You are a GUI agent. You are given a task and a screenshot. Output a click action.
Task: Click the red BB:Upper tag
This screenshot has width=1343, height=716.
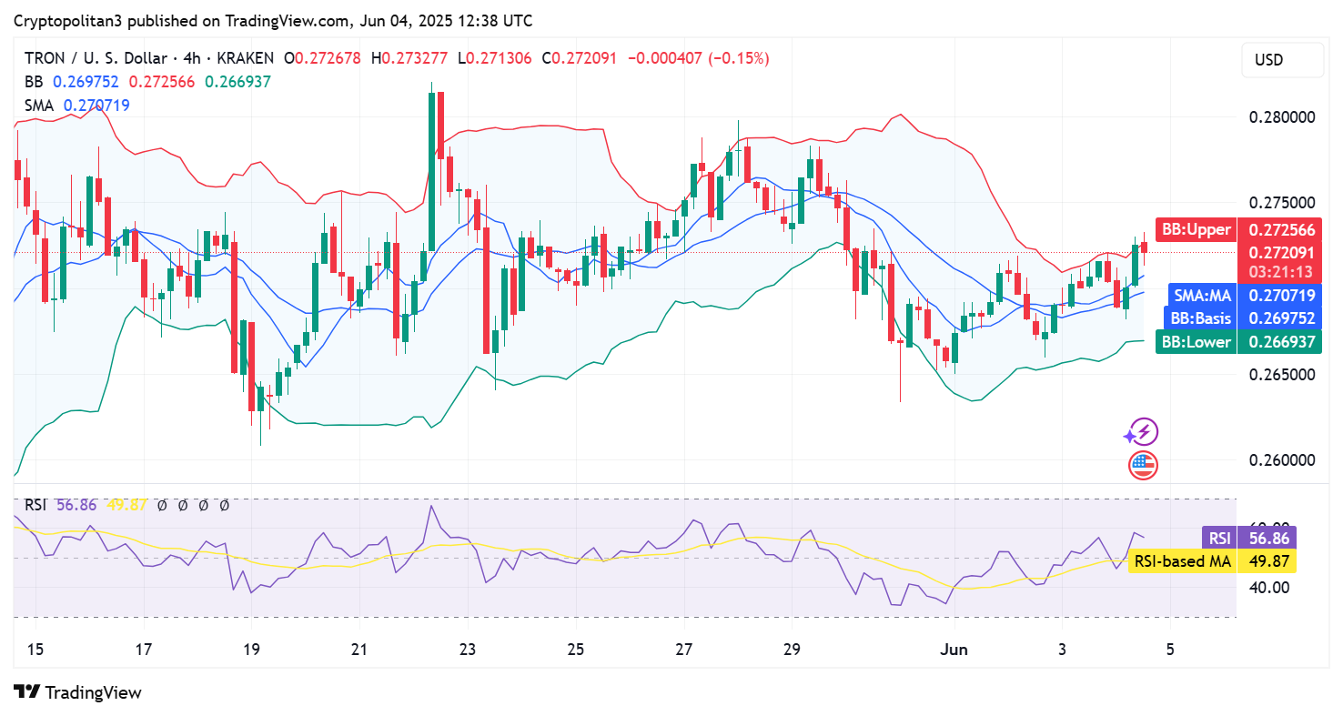1196,229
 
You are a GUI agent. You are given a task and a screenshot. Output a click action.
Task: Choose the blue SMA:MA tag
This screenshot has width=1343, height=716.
1200,295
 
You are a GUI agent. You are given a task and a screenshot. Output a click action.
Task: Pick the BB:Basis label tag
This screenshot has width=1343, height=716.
1200,318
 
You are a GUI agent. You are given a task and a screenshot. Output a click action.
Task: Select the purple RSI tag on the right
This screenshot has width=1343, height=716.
1218,538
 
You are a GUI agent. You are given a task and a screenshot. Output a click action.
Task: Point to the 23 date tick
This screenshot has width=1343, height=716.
467,650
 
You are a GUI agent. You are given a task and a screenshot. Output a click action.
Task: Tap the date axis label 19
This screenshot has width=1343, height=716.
251,650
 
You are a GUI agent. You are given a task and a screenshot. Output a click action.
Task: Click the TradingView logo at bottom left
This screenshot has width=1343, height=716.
78,692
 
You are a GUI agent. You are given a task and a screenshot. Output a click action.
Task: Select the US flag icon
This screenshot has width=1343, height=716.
1143,465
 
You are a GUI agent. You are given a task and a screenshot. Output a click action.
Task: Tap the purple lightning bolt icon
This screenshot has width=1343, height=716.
1143,432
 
